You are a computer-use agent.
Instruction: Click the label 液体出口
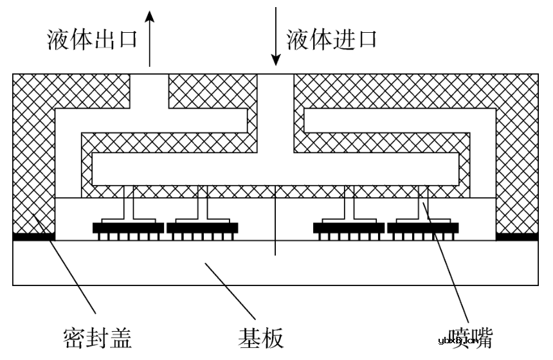point(93,40)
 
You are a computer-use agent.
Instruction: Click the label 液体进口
point(331,40)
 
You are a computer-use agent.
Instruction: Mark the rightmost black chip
point(423,228)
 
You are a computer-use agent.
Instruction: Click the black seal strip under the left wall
point(33,237)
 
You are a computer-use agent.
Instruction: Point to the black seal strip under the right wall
point(517,237)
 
